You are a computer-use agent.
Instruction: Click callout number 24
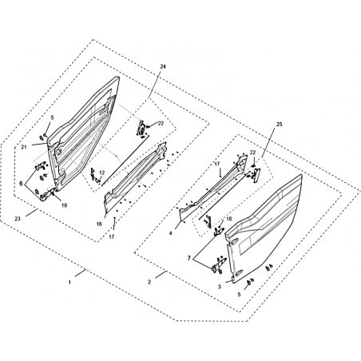point(163,66)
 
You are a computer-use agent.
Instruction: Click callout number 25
point(280,125)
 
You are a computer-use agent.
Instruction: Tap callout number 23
point(18,219)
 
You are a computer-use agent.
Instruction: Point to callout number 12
point(101,173)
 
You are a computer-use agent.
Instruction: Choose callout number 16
point(99,224)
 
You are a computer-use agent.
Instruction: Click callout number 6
point(21,184)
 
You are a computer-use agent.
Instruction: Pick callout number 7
point(189,258)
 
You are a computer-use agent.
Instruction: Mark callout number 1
point(69,283)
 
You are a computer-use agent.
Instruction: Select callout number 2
point(149,283)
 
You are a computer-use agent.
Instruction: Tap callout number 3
point(219,287)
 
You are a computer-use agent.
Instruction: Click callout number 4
point(170,233)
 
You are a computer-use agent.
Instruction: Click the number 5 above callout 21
point(52,117)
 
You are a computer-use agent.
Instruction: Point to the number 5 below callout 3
point(239,294)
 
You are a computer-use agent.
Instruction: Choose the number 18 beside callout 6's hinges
point(64,205)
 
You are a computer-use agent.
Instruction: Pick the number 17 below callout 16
point(112,236)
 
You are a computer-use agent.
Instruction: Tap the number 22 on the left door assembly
point(161,123)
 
